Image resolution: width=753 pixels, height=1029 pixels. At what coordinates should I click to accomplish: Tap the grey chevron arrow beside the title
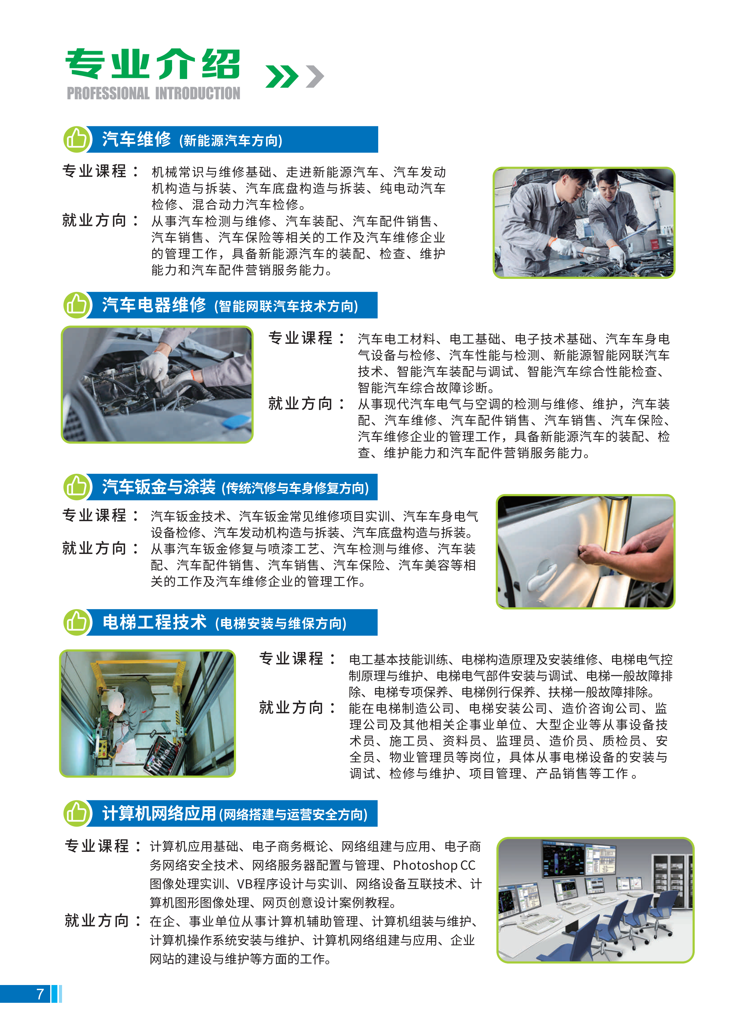(x=315, y=76)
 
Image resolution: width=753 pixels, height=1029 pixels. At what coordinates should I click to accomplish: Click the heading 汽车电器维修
(x=154, y=305)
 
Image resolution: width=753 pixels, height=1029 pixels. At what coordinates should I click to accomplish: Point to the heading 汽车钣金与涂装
(x=159, y=487)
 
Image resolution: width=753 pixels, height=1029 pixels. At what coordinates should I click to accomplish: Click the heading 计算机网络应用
(x=159, y=813)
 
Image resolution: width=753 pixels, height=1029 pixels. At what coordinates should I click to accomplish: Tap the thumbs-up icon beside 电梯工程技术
(x=76, y=622)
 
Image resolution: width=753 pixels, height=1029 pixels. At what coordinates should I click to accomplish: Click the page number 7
(x=40, y=994)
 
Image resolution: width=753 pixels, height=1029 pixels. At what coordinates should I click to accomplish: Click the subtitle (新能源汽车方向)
(x=231, y=140)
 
